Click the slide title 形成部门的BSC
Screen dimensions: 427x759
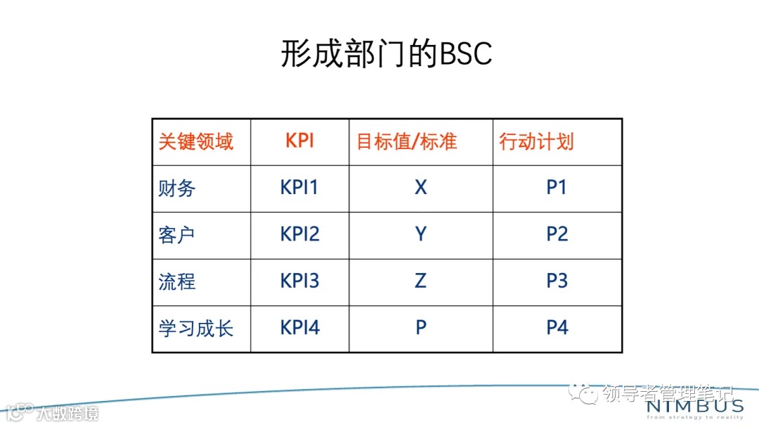pyautogui.click(x=386, y=54)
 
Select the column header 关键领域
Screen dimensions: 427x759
pyautogui.click(x=195, y=141)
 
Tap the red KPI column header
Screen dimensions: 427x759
pyautogui.click(x=299, y=141)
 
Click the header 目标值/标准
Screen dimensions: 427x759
pyautogui.click(x=407, y=141)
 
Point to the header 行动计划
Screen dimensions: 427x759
pyautogui.click(x=536, y=141)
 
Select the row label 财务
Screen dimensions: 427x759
pyautogui.click(x=177, y=189)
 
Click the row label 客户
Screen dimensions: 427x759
pyautogui.click(x=177, y=235)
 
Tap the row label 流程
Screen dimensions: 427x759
pyautogui.click(x=177, y=281)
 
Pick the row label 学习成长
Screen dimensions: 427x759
pyautogui.click(x=195, y=329)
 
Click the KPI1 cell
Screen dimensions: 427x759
pyautogui.click(x=299, y=188)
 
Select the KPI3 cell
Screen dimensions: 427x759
pyautogui.click(x=299, y=281)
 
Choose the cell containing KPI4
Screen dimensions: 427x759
pyautogui.click(x=299, y=328)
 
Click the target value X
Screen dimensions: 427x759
pyautogui.click(x=420, y=188)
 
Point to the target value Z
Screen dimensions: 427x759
pyautogui.click(x=420, y=281)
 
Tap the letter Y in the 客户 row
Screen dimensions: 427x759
pyautogui.click(x=420, y=234)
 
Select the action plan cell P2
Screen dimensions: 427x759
pyautogui.click(x=557, y=234)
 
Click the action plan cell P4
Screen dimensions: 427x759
pyautogui.click(x=557, y=328)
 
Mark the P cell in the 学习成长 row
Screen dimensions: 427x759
pyautogui.click(x=420, y=328)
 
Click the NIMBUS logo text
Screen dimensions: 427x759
pyautogui.click(x=694, y=407)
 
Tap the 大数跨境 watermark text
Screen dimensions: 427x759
pyautogui.click(x=68, y=412)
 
